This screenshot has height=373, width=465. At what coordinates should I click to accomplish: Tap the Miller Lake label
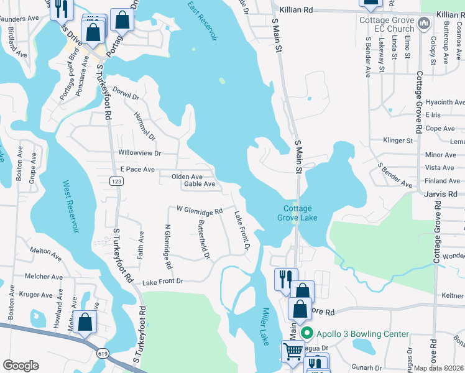tap(264, 326)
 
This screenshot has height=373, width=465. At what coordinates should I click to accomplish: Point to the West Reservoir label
tap(71, 207)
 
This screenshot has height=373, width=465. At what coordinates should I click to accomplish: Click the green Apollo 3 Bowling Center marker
tap(306, 334)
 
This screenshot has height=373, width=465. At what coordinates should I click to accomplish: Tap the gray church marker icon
tap(424, 24)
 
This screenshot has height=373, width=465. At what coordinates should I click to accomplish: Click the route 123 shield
tap(114, 181)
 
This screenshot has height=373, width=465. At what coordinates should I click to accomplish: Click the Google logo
tap(21, 366)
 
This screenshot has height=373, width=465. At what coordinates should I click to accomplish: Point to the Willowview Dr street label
tap(140, 153)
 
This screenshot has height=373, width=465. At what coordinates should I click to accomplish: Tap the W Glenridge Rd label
tap(200, 210)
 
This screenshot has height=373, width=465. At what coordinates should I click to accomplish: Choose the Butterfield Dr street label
tap(205, 240)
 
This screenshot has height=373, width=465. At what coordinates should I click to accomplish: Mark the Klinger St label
tap(398, 141)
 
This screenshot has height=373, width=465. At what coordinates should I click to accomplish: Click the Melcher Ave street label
tap(43, 277)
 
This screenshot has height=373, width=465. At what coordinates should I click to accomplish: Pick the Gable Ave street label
tap(200, 184)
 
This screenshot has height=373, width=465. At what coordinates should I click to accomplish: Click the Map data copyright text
tap(439, 368)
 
